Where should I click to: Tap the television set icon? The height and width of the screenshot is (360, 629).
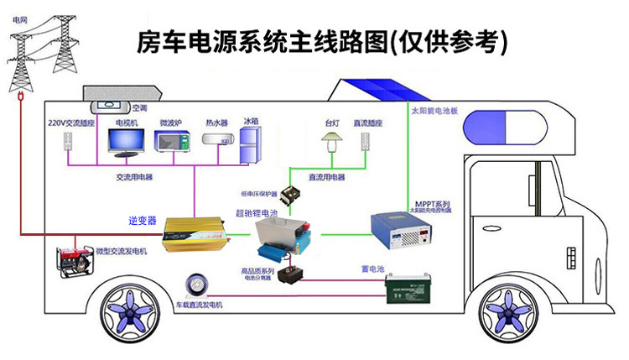(127, 143)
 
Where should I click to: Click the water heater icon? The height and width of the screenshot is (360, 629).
(216, 139)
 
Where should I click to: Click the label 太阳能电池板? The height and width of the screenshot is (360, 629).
(434, 110)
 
